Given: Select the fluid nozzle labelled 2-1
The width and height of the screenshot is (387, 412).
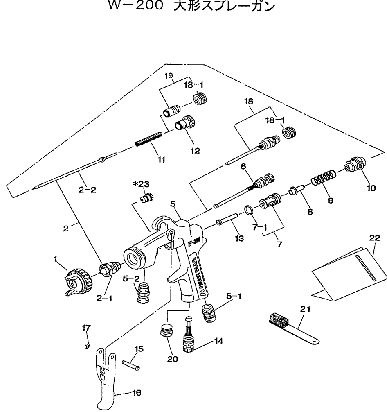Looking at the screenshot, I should click(110, 269).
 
